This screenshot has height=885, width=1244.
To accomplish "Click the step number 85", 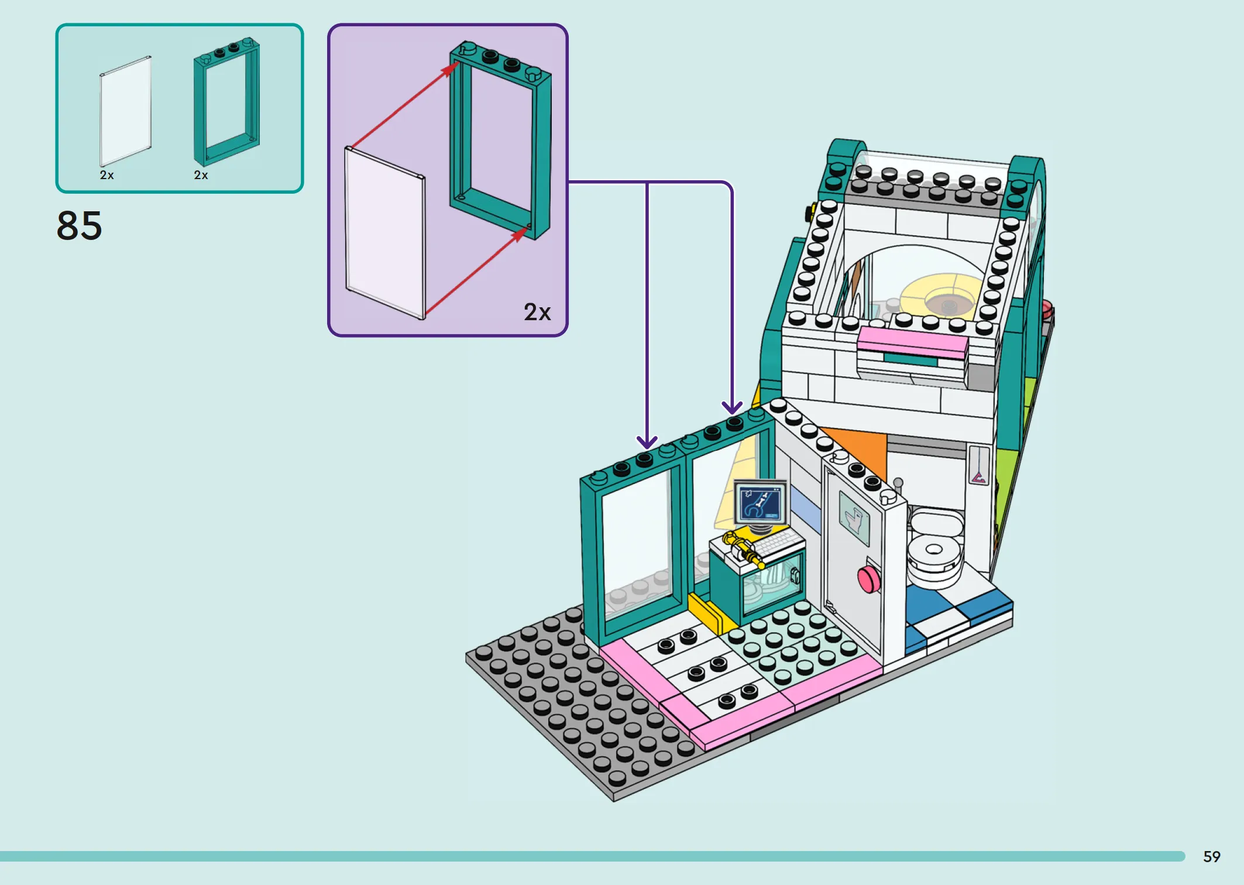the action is pos(79,225).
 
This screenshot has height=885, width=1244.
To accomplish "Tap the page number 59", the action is pos(1211,856).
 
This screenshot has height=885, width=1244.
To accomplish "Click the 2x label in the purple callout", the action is pos(537,312).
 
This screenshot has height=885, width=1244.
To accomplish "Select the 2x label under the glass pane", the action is pos(106,175).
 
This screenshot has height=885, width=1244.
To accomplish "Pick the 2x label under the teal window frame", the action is pos(201,175).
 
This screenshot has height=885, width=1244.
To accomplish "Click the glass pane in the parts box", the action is pos(125,111).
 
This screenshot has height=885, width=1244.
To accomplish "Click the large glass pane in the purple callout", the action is pos(384,232).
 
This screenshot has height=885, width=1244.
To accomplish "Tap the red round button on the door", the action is pos(868,578).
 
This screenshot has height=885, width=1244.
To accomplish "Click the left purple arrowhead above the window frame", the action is pos(647,442).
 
